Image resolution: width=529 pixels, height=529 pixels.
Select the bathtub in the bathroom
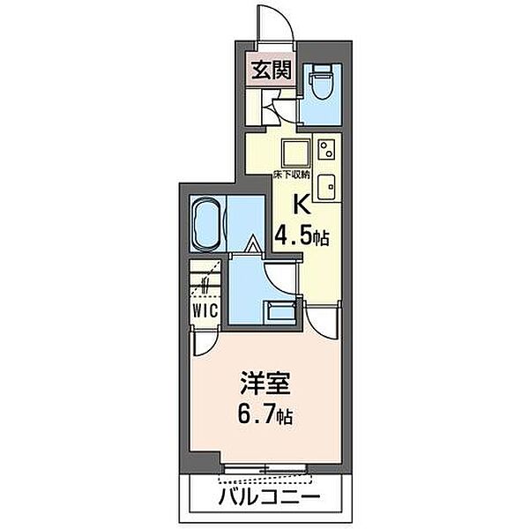pyautogui.click(x=208, y=225)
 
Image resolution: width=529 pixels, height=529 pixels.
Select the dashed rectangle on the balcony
pyautogui.click(x=264, y=479)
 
